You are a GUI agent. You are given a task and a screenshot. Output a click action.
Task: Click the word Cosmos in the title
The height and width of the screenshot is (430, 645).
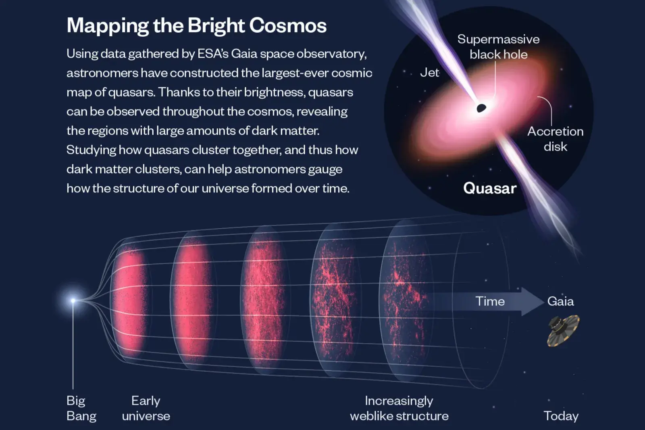click(288, 25)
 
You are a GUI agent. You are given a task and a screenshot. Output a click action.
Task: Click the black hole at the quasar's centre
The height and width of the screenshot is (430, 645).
click(481, 108)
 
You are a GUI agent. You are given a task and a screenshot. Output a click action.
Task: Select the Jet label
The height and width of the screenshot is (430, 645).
click(429, 73)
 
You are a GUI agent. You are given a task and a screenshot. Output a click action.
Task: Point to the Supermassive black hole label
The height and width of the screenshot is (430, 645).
click(498, 47)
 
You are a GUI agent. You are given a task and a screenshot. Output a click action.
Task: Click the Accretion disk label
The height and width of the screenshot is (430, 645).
click(555, 139)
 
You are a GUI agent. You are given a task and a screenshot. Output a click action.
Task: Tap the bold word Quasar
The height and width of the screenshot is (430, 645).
click(489, 188)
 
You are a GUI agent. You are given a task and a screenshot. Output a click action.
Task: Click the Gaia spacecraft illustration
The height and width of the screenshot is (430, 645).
click(563, 330)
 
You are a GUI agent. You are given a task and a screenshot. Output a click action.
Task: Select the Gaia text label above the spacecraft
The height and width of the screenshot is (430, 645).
click(560, 301)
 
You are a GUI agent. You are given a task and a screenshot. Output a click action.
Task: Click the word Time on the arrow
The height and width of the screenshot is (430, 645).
click(490, 301)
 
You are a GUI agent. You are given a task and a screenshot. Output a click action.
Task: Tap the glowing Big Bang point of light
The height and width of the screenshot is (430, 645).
click(73, 301)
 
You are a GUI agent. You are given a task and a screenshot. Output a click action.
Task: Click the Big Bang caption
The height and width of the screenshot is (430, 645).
click(81, 408)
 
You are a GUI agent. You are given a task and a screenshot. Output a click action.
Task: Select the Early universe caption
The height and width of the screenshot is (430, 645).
click(146, 408)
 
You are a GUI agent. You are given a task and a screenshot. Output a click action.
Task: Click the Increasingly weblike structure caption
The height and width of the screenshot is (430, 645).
click(399, 408)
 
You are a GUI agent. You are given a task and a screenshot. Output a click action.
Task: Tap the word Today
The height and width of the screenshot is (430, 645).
click(561, 416)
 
